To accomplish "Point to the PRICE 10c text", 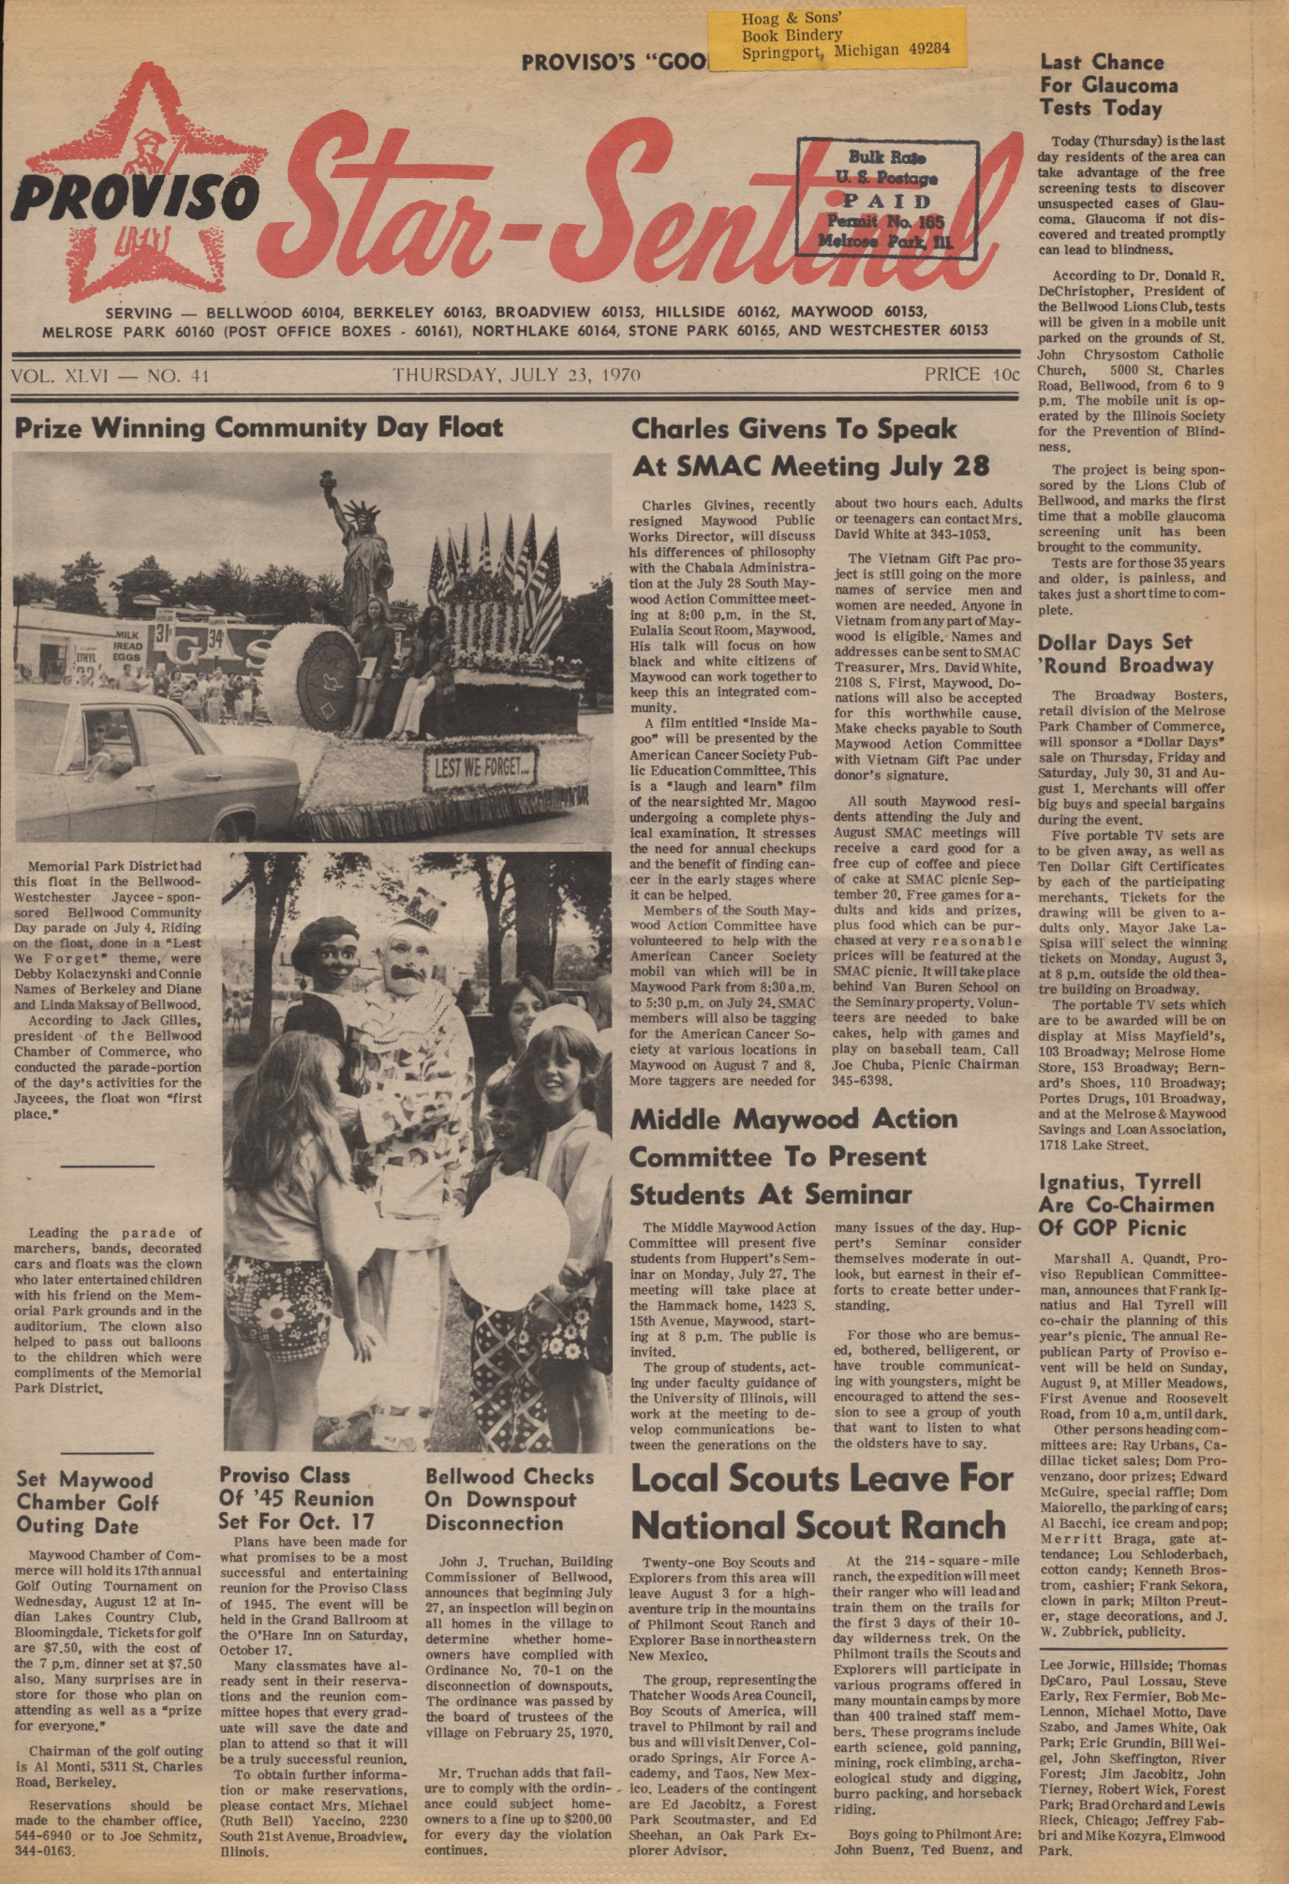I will (x=970, y=375).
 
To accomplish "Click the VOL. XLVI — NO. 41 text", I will (x=110, y=377).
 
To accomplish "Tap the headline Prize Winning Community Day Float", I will (x=259, y=428).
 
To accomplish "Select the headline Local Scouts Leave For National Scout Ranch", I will (x=821, y=1502).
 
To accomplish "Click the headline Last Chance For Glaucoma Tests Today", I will (x=1108, y=85).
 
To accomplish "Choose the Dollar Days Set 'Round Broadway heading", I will (x=1124, y=654).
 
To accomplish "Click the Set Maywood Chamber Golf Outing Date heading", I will (x=87, y=1503).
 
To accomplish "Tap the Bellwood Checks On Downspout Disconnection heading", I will (x=510, y=1499).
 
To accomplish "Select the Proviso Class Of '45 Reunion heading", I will (x=296, y=1498).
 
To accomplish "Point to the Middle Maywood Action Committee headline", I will (x=793, y=1156).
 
